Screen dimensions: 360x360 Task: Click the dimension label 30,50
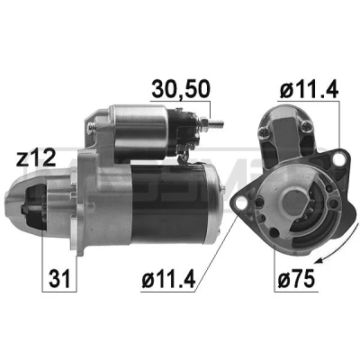181,89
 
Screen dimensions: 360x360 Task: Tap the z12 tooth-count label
36,158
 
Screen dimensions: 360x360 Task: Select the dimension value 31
59,278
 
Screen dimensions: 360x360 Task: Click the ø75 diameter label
296,278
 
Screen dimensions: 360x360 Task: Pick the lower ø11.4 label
168,278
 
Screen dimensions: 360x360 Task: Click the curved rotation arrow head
320,260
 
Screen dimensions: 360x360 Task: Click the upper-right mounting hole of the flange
338,158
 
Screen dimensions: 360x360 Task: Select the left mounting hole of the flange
241,203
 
